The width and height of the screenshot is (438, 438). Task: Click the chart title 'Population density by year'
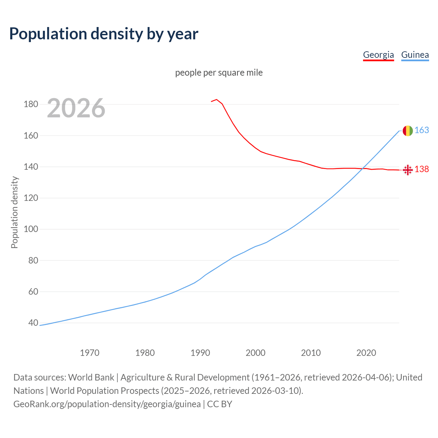[x=104, y=34]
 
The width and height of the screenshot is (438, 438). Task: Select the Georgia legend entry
[x=378, y=55]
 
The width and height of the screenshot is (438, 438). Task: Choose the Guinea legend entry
[x=415, y=55]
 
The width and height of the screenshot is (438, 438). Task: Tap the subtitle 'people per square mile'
[x=219, y=73]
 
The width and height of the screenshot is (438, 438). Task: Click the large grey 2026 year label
[x=76, y=108]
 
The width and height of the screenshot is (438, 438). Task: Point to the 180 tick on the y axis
[x=31, y=104]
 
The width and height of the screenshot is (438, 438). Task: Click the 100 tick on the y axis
[x=31, y=229]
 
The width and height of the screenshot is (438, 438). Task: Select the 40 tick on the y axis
[x=33, y=323]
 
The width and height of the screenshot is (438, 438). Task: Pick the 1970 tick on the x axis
[x=90, y=352]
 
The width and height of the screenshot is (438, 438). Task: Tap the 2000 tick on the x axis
[x=256, y=352]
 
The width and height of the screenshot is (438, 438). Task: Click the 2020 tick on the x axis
[x=366, y=352]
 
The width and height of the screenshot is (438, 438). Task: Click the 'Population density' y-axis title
[x=14, y=212]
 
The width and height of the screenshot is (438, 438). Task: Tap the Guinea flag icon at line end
[x=408, y=131]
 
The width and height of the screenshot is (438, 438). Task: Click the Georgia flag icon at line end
[x=408, y=170]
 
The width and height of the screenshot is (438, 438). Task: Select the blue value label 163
[x=422, y=130]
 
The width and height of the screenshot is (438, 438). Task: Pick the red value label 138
[x=422, y=169]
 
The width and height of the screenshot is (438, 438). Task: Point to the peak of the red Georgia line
[x=217, y=100]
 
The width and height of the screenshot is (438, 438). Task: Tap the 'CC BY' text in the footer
[x=220, y=404]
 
